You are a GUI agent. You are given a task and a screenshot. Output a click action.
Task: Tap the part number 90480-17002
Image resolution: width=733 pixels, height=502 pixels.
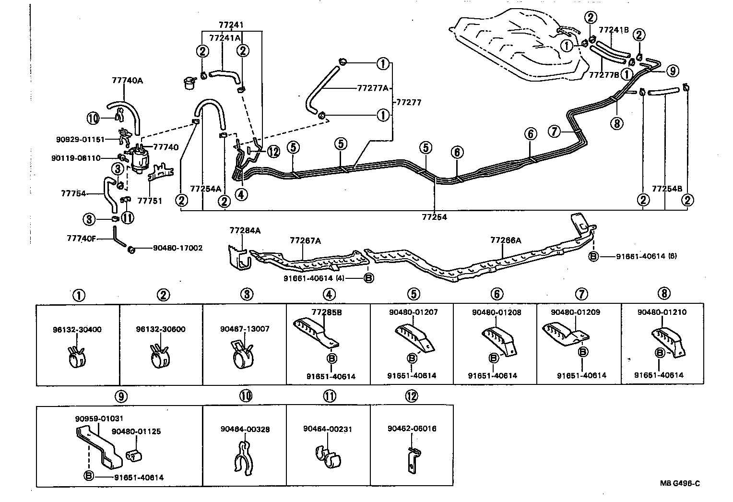click(x=177, y=248)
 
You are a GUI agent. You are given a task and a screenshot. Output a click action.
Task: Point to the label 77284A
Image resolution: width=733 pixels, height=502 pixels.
click(x=245, y=231)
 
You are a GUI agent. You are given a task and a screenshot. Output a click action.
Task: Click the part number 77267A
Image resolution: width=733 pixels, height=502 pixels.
click(x=305, y=240)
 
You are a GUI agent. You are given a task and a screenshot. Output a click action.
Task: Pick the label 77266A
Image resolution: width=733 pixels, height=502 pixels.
click(x=505, y=240)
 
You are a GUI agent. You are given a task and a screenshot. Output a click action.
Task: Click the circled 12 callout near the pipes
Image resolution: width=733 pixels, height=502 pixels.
click(x=273, y=152)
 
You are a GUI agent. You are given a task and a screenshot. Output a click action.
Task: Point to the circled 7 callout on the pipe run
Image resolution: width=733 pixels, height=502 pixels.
click(x=554, y=131)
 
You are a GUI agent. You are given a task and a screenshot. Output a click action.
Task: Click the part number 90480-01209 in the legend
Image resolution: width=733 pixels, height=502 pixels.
click(x=575, y=312)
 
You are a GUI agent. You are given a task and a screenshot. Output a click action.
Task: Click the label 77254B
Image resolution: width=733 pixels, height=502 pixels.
click(x=666, y=189)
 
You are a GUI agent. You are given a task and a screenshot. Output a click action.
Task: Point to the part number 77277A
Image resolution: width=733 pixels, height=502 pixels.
click(x=372, y=88)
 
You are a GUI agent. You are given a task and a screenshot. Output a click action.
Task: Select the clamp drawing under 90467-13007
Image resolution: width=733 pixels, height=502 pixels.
click(x=244, y=356)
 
